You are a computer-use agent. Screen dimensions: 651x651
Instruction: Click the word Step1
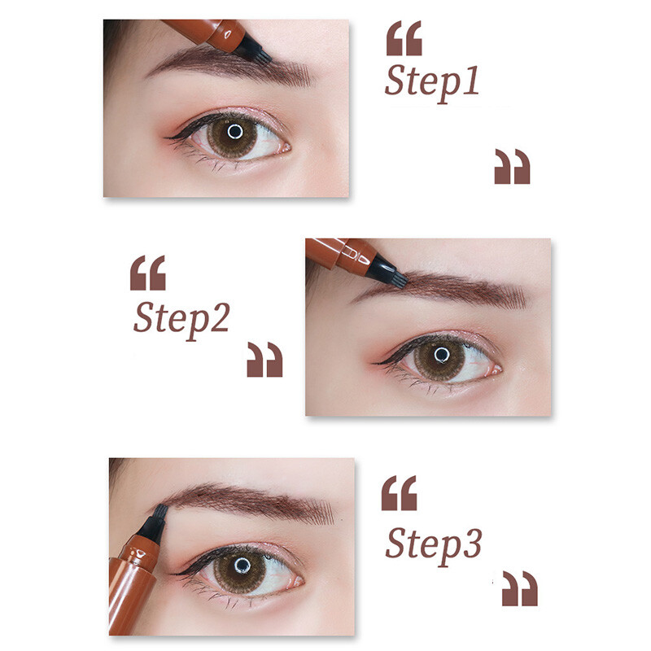pyautogui.click(x=431, y=83)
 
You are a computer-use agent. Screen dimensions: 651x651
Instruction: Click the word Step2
pyautogui.click(x=181, y=319)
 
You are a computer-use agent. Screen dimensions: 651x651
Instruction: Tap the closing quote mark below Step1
pyautogui.click(x=512, y=166)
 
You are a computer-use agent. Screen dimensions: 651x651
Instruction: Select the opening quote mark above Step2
pyautogui.click(x=147, y=273)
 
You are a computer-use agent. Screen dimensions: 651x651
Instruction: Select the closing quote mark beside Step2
pyautogui.click(x=264, y=359)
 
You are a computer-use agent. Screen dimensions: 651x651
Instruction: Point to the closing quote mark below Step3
pyautogui.click(x=519, y=588)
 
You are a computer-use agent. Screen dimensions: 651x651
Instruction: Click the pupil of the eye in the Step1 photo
pyautogui.click(x=234, y=131)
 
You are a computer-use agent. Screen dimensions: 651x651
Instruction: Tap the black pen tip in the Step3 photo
pyautogui.click(x=154, y=521)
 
